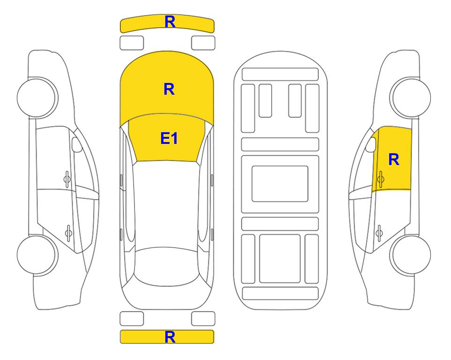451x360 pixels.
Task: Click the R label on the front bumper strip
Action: click(170, 22)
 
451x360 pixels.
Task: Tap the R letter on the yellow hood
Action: click(169, 89)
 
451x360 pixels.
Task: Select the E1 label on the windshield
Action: click(169, 138)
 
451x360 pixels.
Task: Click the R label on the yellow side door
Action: click(394, 159)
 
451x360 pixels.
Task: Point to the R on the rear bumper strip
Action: click(170, 337)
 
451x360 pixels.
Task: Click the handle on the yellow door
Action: click(380, 179)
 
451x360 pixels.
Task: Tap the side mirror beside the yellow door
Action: click(370, 144)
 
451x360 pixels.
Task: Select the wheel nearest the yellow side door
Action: click(410, 97)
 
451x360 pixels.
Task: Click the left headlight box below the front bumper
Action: click(132, 43)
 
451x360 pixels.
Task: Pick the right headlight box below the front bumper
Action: click(203, 43)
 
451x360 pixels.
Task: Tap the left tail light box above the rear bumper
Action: click(132, 319)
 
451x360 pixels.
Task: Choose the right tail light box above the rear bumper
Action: click(203, 319)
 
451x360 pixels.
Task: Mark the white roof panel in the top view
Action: click(167, 204)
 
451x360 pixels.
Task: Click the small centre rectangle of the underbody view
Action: click(280, 184)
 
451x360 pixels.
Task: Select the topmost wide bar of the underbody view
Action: click(280, 75)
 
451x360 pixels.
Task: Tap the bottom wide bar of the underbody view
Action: click(280, 293)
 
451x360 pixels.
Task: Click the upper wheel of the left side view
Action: click(37, 97)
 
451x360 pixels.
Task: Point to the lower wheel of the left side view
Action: click(37, 255)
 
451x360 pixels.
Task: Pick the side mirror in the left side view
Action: click(77, 144)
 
